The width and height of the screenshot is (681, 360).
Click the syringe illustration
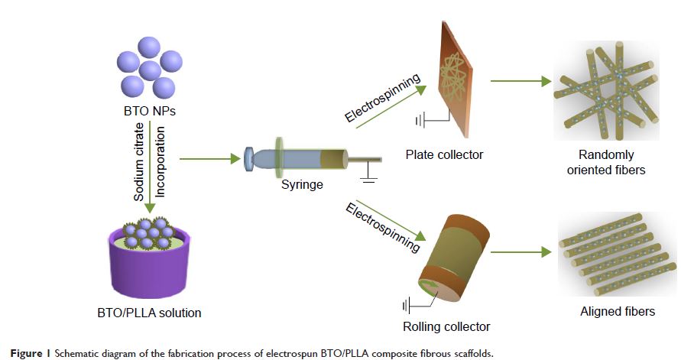pos(306,160)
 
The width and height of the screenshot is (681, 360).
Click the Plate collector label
pos(444,155)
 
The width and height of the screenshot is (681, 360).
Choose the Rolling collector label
pos(446,327)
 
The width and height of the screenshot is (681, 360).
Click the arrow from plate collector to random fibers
pos(520,80)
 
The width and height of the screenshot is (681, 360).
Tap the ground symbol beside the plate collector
pos(420,120)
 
